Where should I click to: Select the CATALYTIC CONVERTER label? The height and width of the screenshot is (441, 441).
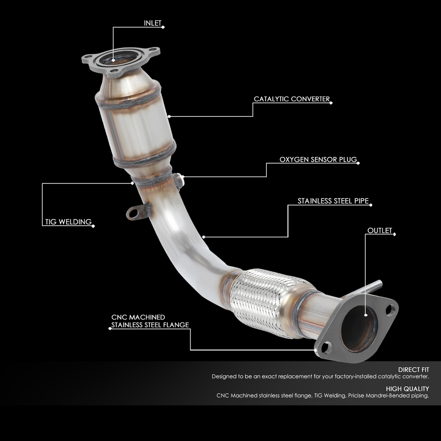[292, 99]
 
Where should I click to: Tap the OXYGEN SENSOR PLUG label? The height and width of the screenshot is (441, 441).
[318, 159]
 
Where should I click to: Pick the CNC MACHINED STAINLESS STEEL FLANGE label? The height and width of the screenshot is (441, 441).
[150, 321]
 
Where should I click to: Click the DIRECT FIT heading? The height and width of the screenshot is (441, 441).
[413, 370]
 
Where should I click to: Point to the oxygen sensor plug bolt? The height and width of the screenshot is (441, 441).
[179, 180]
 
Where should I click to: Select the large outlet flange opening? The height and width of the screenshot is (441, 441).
[358, 329]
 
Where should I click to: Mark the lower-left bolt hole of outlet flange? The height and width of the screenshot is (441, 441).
[325, 347]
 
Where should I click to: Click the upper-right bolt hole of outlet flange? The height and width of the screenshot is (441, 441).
[390, 310]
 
